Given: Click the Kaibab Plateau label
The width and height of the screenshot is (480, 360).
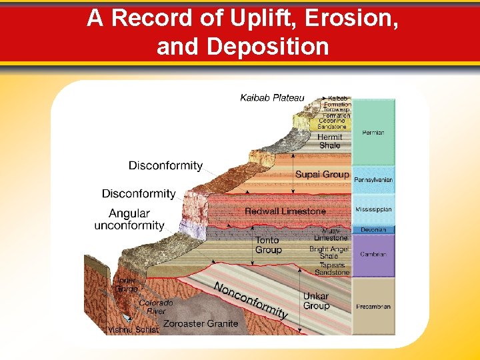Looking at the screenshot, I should click(272, 98).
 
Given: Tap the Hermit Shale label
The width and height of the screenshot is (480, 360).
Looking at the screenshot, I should click(329, 141).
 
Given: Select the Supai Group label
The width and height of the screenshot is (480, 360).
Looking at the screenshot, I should click(322, 175).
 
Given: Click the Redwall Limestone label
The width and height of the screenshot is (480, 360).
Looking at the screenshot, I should click(285, 211).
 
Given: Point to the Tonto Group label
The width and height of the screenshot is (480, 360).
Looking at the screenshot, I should click(268, 245).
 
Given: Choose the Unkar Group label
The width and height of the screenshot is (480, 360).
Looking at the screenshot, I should click(316, 301).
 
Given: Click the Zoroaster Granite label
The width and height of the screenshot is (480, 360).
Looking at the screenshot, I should click(201, 323).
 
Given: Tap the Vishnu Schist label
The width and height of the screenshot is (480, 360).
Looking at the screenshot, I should click(133, 329).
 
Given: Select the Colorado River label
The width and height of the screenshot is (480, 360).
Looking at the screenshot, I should click(156, 307).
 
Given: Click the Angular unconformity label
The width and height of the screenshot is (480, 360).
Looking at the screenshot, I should click(129, 219).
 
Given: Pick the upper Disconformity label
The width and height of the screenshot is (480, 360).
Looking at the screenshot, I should click(165, 165).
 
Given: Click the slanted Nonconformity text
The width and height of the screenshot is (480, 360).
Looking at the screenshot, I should click(251, 299).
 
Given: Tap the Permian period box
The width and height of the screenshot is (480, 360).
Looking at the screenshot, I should click(373, 133).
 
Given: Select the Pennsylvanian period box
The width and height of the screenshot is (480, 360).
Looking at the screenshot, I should click(373, 180).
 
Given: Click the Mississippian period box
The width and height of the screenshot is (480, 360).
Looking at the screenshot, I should click(373, 209).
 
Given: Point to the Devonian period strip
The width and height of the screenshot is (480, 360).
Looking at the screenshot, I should click(373, 230).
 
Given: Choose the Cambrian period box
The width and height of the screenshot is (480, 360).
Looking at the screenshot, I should click(373, 254).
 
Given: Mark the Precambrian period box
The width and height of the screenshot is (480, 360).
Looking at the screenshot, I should click(373, 307).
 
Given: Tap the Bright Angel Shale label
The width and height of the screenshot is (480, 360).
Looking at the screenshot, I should click(329, 253).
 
